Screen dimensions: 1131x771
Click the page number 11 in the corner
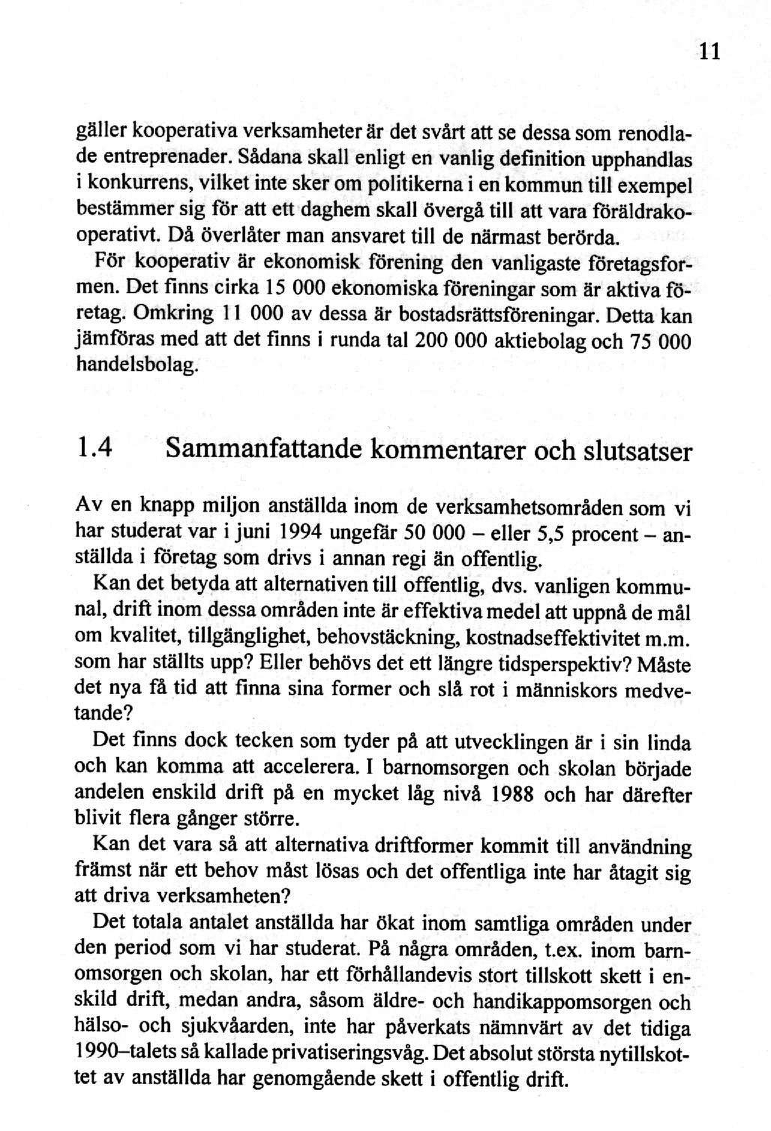709,52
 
